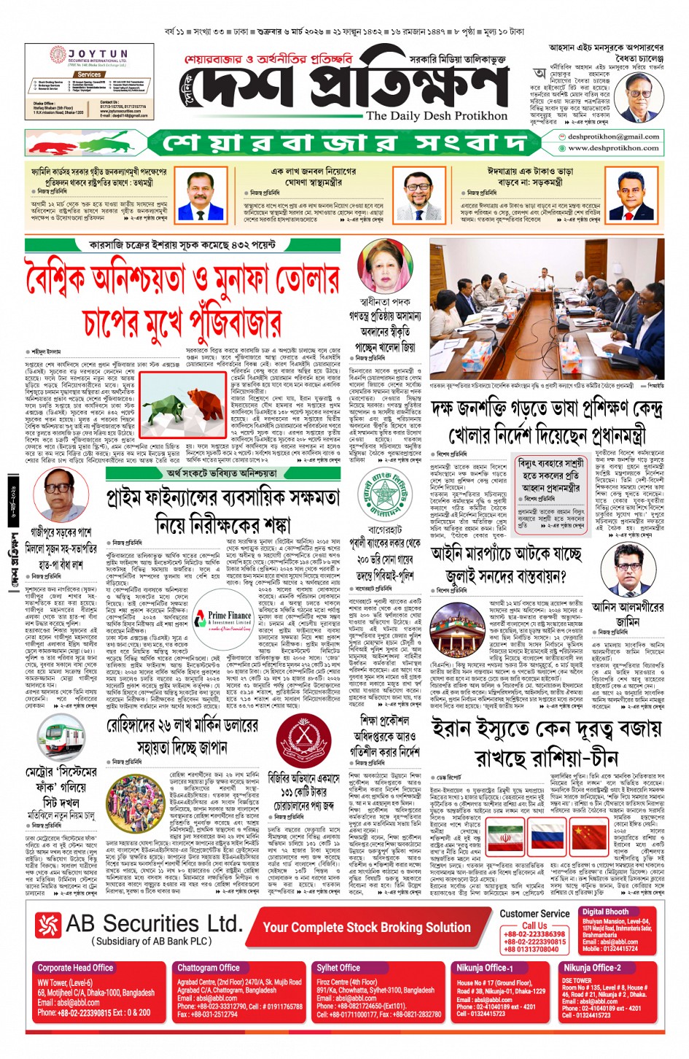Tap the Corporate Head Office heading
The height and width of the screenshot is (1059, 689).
76,968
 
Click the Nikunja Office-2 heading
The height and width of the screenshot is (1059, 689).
592,968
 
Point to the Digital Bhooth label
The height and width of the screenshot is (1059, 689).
605,912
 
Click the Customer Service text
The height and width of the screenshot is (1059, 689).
534,913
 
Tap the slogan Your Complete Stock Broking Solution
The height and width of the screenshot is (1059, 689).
367,927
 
